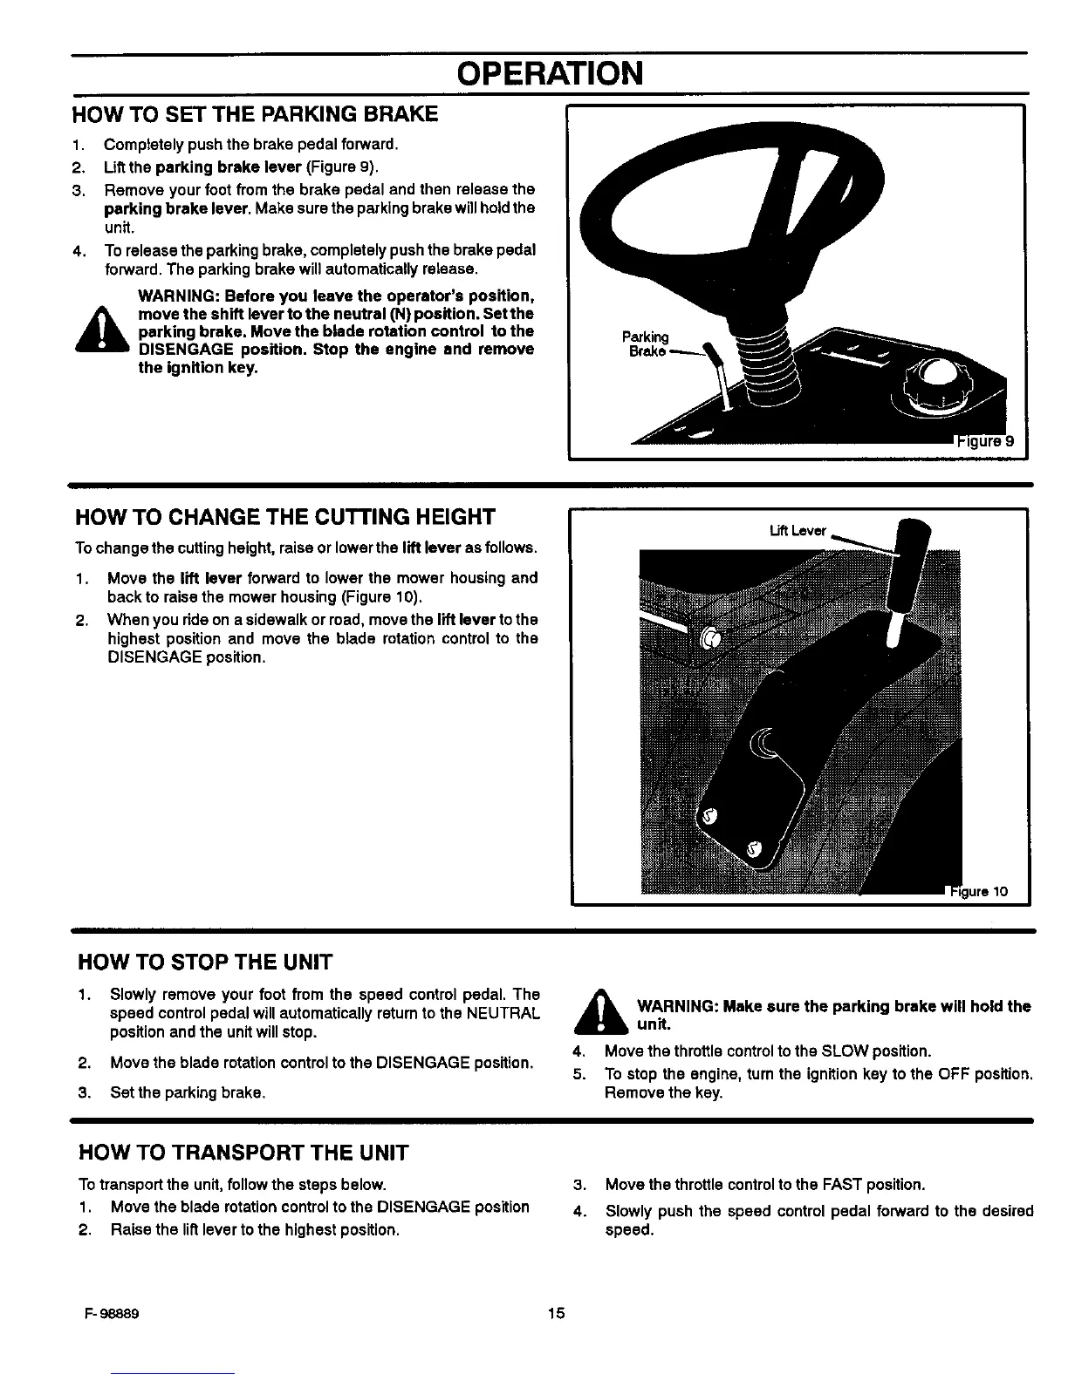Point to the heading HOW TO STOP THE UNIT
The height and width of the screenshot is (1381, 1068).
point(205,963)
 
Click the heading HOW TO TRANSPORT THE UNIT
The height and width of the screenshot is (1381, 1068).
point(243,1153)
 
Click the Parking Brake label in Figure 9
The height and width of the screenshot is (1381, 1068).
point(645,344)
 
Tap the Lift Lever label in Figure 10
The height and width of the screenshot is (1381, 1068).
point(798,531)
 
